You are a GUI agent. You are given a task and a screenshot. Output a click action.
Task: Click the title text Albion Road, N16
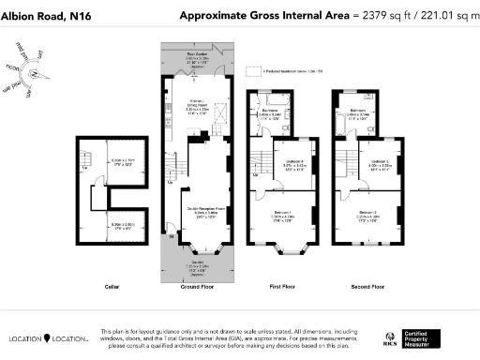(x=45, y=15)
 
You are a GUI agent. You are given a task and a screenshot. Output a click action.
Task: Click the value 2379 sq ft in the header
(x=388, y=15)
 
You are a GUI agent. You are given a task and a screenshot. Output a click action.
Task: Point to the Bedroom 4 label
(x=294, y=164)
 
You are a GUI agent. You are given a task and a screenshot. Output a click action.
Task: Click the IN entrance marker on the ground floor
(x=171, y=236)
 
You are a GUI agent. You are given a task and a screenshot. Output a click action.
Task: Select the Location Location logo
(x=49, y=337)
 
